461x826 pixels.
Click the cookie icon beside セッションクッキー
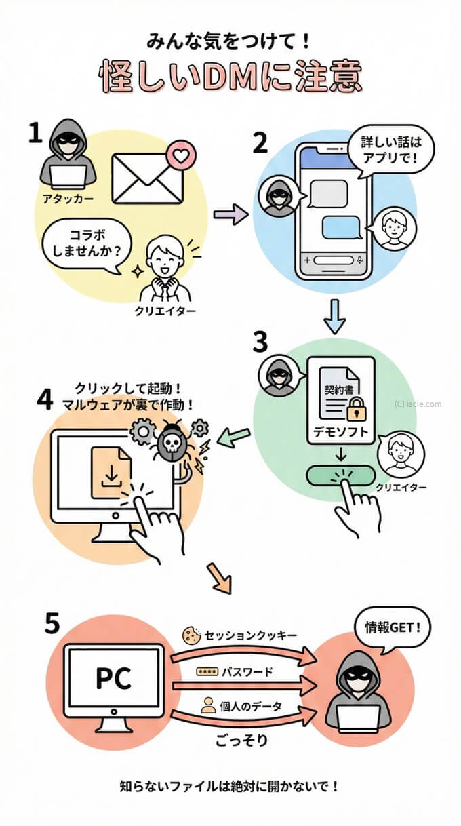[x=192, y=635]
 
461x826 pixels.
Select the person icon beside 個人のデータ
[x=208, y=706]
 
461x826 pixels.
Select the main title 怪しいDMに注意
[x=230, y=79]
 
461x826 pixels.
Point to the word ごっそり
[x=243, y=739]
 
